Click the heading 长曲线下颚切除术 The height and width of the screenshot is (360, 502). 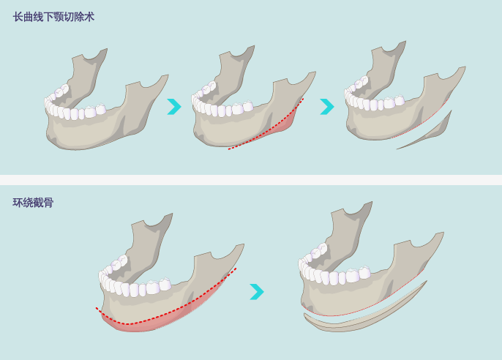coord(53,17)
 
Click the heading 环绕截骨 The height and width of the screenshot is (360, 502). coord(33,203)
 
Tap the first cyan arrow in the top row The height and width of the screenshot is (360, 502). coord(174,107)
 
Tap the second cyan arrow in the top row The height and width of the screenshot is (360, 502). coord(327,107)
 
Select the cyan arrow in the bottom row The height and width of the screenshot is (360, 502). coord(257,291)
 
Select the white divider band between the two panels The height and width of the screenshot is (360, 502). coord(251,180)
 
